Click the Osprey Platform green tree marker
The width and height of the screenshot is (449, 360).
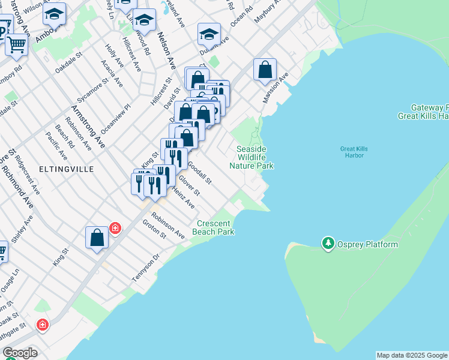point(328,244)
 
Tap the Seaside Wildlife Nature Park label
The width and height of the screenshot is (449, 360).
point(255,157)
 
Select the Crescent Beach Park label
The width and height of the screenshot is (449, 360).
point(213,227)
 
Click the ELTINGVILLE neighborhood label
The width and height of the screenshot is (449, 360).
point(67,169)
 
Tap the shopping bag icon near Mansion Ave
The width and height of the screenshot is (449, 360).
point(265,70)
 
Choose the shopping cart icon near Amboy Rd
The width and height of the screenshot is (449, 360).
point(17,44)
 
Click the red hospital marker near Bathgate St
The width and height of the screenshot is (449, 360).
point(42,325)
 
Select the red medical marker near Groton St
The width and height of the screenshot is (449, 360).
point(115,229)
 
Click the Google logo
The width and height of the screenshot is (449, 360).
point(20,352)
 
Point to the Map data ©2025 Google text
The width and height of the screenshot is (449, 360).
point(412,355)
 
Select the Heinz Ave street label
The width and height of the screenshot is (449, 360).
point(183,197)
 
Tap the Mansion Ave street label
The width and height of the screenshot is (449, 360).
point(275,88)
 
